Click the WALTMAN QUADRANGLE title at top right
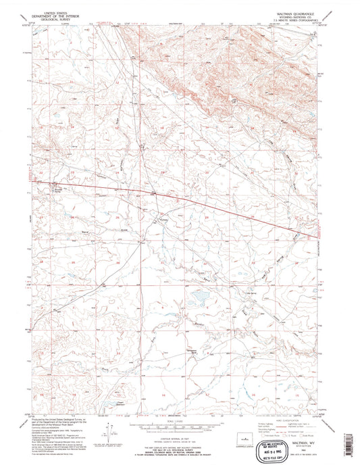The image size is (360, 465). coord(294,12)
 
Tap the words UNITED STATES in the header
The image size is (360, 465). coord(61,12)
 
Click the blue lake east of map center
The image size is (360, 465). coord(200,295)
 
